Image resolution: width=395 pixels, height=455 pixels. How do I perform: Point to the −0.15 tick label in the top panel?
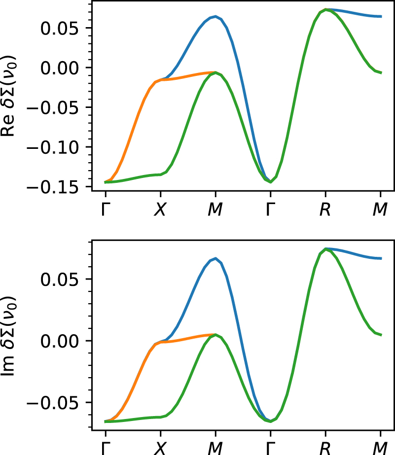52,187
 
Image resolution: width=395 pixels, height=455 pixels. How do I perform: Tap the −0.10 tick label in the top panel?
52,147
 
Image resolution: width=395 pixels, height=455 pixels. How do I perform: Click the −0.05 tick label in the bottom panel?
52,403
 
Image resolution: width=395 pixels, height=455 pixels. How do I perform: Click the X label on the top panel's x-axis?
160,210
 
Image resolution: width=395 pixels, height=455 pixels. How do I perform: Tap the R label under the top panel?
325,210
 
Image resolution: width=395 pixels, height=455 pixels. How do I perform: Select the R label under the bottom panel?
325,448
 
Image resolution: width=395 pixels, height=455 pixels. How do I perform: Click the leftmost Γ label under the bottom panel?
105,448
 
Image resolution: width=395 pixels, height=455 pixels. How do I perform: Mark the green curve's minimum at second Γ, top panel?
270,182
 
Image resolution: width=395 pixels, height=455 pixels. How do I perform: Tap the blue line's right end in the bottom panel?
381,258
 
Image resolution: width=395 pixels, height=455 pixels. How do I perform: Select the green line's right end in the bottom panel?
381,335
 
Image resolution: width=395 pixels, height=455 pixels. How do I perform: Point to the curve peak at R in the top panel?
325,9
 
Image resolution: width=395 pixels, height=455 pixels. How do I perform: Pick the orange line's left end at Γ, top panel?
106,182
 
